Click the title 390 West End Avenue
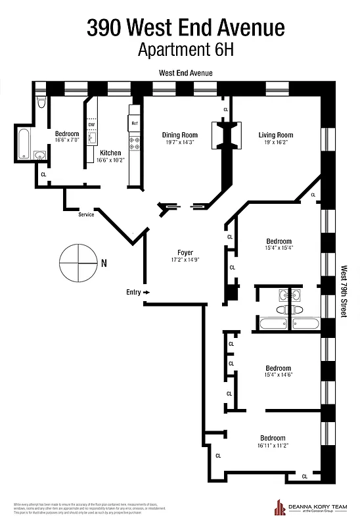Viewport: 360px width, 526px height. [x=186, y=28]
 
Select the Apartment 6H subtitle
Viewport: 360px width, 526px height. [x=186, y=49]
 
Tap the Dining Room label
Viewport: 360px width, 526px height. [x=180, y=135]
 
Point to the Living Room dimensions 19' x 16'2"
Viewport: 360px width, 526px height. [x=275, y=143]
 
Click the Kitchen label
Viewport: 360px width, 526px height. [x=110, y=153]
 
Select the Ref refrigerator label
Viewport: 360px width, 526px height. [x=134, y=124]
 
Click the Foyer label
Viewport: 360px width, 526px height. [x=185, y=252]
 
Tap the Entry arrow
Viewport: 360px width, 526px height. [x=146, y=292]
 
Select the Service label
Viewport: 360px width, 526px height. [x=87, y=214]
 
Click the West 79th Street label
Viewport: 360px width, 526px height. [x=343, y=292]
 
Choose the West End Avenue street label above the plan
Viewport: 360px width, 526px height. [x=186, y=74]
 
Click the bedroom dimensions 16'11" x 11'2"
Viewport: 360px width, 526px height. [x=273, y=445]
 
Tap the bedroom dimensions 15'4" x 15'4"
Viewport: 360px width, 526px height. [x=279, y=248]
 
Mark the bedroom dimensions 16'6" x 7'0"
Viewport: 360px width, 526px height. [x=67, y=140]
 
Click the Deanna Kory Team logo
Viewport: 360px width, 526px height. [x=310, y=508]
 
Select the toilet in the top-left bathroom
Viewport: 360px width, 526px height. [x=41, y=102]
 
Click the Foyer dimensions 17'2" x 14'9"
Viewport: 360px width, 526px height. [x=185, y=260]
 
